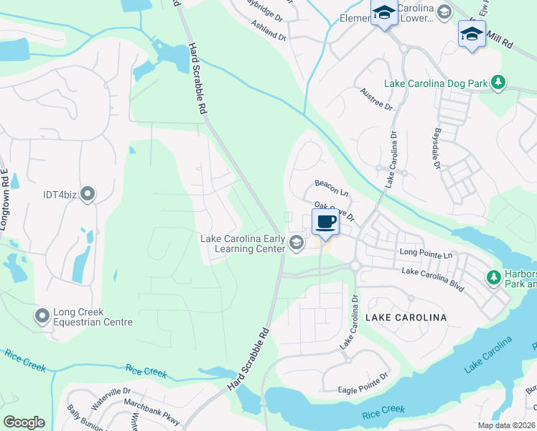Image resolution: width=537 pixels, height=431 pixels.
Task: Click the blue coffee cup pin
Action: (x=325, y=223)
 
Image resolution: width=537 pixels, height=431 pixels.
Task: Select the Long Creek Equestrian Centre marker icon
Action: (x=42, y=315)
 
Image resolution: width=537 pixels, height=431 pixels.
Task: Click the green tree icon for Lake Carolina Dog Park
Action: (x=497, y=84)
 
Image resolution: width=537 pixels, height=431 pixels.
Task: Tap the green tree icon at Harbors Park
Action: (x=493, y=277)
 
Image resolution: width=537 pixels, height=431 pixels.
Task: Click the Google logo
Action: (x=24, y=422)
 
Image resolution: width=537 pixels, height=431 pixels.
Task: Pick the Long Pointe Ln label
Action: (x=427, y=253)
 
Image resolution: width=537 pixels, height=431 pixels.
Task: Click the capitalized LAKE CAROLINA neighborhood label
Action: (x=406, y=317)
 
